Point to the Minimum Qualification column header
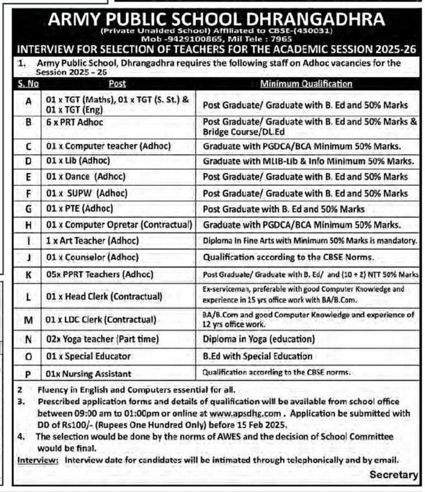(x=306, y=84)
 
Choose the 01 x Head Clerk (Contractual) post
(x=104, y=295)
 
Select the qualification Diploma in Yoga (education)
(x=259, y=339)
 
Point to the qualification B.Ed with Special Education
(x=257, y=356)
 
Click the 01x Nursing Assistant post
(x=89, y=373)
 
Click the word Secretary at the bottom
(x=394, y=474)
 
